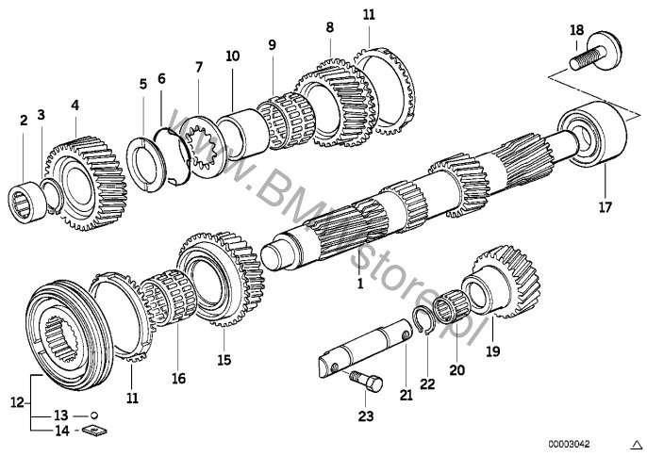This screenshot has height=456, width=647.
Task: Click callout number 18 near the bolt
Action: [576, 32]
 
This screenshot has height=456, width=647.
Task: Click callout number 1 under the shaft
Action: [359, 282]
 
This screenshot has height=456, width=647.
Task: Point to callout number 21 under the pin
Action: [406, 397]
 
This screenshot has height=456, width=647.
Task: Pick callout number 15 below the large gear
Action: [224, 359]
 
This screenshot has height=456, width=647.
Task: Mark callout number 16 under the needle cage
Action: [179, 378]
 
